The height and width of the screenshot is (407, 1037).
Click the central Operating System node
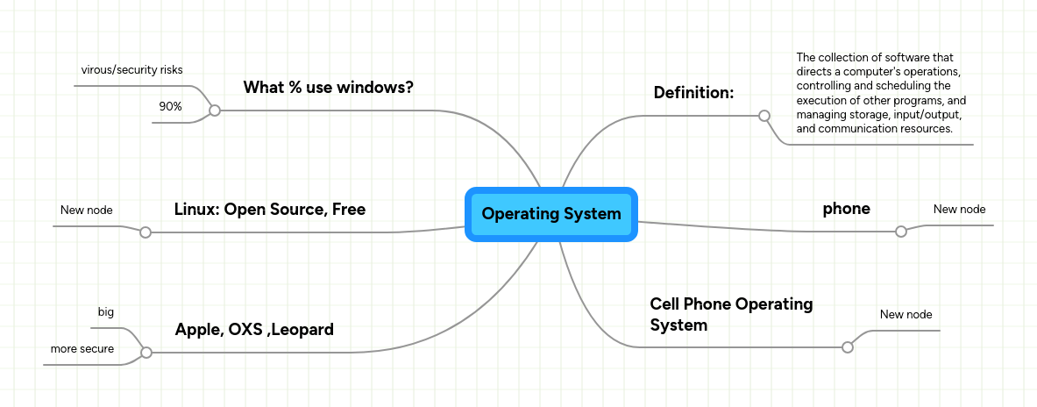pyautogui.click(x=550, y=214)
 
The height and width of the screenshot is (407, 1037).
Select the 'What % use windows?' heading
pyautogui.click(x=328, y=88)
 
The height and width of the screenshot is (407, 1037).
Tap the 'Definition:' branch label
pyautogui.click(x=693, y=93)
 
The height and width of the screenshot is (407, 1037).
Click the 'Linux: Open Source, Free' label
pyautogui.click(x=269, y=210)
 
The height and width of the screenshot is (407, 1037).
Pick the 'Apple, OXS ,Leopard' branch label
pyautogui.click(x=254, y=330)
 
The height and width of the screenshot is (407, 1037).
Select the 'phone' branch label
pyautogui.click(x=846, y=209)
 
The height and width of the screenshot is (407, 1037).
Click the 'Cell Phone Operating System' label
pyautogui.click(x=731, y=314)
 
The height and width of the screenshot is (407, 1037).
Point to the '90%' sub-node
pyautogui.click(x=170, y=106)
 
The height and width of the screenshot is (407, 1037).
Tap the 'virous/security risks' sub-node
pyautogui.click(x=131, y=69)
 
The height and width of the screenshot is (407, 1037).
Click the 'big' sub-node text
pyautogui.click(x=105, y=312)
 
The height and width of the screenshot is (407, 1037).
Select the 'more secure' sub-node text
pyautogui.click(x=82, y=349)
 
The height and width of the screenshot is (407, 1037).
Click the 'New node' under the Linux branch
pyautogui.click(x=86, y=210)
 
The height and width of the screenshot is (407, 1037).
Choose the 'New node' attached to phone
pyautogui.click(x=959, y=210)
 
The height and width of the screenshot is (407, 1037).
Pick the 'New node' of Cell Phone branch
pyautogui.click(x=906, y=314)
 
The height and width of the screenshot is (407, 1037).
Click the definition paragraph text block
pyautogui.click(x=881, y=93)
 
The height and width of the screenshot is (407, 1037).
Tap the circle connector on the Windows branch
pyautogui.click(x=214, y=111)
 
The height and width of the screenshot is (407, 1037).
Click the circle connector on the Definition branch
pyautogui.click(x=764, y=116)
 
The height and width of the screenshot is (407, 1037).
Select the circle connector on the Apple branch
pyautogui.click(x=146, y=353)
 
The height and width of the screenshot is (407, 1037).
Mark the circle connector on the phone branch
pyautogui.click(x=900, y=232)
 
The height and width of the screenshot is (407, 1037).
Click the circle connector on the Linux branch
pyautogui.click(x=146, y=232)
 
